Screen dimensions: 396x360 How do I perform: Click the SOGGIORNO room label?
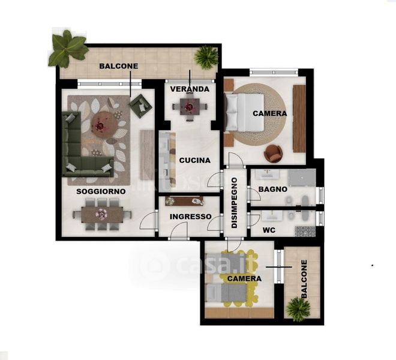click(101, 191)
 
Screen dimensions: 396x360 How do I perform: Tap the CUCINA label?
click(195, 160)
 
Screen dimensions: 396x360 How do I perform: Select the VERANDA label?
click(190, 89)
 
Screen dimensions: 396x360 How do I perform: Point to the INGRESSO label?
click(190, 217)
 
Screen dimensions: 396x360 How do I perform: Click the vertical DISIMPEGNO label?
click(235, 203)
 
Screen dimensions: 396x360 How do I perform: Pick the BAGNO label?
click(273, 189)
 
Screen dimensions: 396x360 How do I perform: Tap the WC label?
click(269, 230)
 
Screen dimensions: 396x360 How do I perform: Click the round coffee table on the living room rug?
click(104, 125)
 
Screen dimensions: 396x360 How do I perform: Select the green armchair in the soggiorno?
click(140, 106)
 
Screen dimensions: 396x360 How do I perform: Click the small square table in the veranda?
click(190, 107)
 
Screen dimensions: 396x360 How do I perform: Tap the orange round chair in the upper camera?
click(273, 153)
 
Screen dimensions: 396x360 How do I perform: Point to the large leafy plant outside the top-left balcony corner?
click(68, 49)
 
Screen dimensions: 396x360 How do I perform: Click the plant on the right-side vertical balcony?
click(298, 310)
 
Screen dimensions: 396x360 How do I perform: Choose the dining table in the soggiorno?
click(102, 214)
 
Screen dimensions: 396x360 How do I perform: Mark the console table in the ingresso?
click(184, 201)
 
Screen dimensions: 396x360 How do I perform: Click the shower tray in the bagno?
click(302, 178)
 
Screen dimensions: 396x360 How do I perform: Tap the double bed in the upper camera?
click(244, 112)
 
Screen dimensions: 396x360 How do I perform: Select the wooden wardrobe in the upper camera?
click(299, 119)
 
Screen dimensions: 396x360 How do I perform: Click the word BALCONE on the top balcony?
click(119, 66)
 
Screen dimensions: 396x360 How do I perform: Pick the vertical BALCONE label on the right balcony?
click(304, 279)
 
